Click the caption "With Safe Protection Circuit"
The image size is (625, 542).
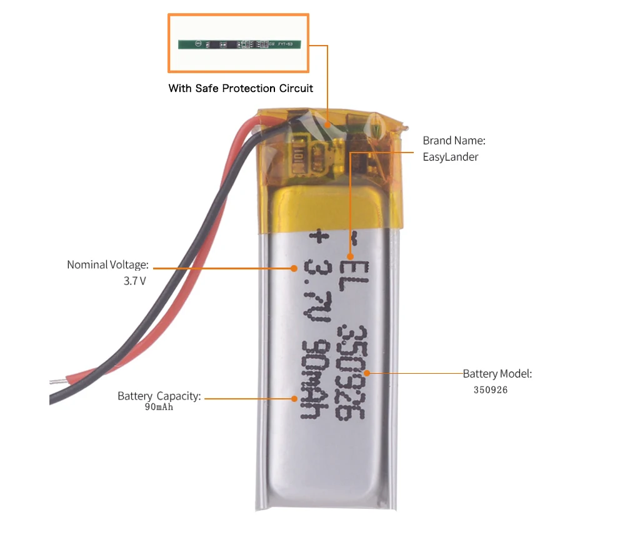241,88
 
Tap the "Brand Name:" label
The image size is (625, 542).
454,141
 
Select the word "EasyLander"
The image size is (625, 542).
450,157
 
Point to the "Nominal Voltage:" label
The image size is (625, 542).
107,265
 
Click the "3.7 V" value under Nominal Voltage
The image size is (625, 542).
134,281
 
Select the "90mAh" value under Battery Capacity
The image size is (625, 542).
159,408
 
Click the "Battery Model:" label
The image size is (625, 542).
497,374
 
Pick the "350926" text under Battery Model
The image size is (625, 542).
491,389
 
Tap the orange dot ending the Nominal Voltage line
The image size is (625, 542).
294,268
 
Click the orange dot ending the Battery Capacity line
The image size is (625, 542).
294,398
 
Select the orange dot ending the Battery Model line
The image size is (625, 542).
367,373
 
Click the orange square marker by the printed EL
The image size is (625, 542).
351,256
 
